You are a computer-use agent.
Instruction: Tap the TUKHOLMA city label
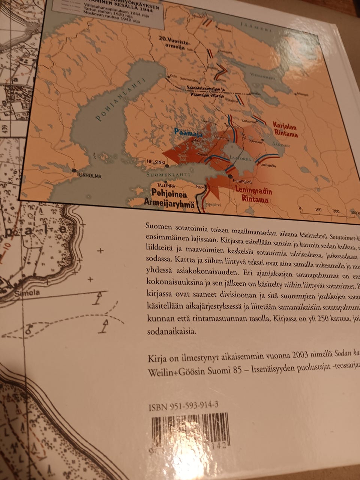point(89,175)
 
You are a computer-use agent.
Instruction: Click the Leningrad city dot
point(230,175)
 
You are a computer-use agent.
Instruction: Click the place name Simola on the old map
point(27,293)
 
